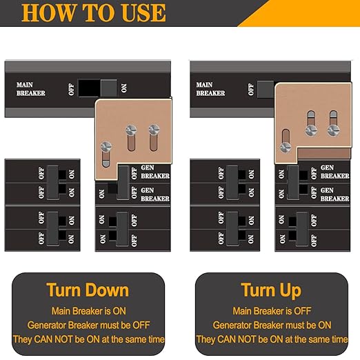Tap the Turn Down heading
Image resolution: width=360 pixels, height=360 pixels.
point(87,290)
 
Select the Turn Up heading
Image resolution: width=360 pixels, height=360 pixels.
point(271,290)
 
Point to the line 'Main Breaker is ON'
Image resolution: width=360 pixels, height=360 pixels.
point(87,311)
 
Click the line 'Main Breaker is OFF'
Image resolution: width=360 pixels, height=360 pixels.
point(271,311)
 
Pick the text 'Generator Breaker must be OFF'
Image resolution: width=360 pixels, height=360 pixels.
point(87,325)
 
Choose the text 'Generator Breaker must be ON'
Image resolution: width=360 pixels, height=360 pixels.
point(271,325)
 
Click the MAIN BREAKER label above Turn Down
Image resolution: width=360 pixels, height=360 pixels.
point(31,89)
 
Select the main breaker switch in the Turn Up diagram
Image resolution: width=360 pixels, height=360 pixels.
point(266,88)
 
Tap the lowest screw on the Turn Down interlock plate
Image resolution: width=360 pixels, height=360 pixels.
point(106,146)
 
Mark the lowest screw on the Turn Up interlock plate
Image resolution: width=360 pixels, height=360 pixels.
point(285,146)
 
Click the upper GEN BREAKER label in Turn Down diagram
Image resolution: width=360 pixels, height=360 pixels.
point(154,172)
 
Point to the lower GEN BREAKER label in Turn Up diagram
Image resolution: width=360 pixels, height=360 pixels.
point(334,194)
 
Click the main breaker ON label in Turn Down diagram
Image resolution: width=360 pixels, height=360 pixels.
point(125,88)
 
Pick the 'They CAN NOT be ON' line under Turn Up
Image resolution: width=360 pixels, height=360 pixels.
point(271,339)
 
